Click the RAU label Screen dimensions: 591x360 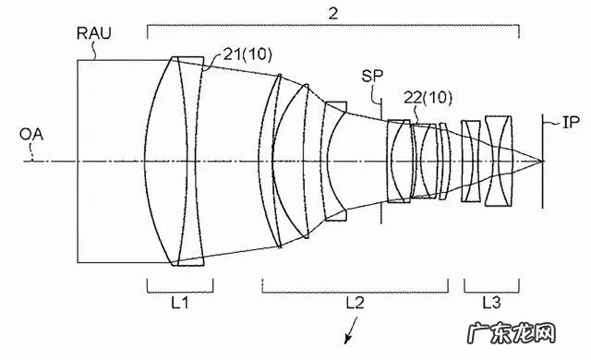click(94, 33)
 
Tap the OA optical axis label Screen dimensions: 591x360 click(31, 135)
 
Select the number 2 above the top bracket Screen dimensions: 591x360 click(333, 14)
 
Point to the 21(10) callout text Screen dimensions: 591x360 click(247, 54)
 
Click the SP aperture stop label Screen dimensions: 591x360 click(372, 76)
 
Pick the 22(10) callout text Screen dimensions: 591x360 click(428, 98)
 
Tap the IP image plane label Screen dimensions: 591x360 click(571, 123)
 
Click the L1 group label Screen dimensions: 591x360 click(180, 303)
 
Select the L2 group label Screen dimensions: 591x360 click(355, 303)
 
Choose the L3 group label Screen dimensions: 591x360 click(492, 303)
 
